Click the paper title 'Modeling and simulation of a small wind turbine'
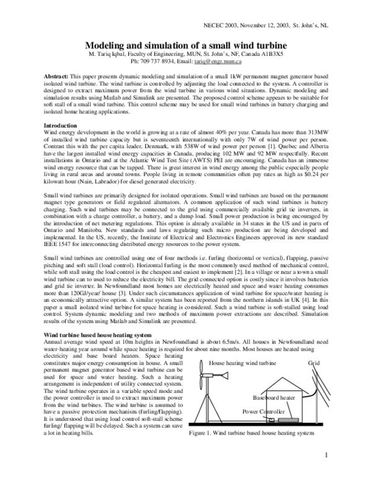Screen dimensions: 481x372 185,46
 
